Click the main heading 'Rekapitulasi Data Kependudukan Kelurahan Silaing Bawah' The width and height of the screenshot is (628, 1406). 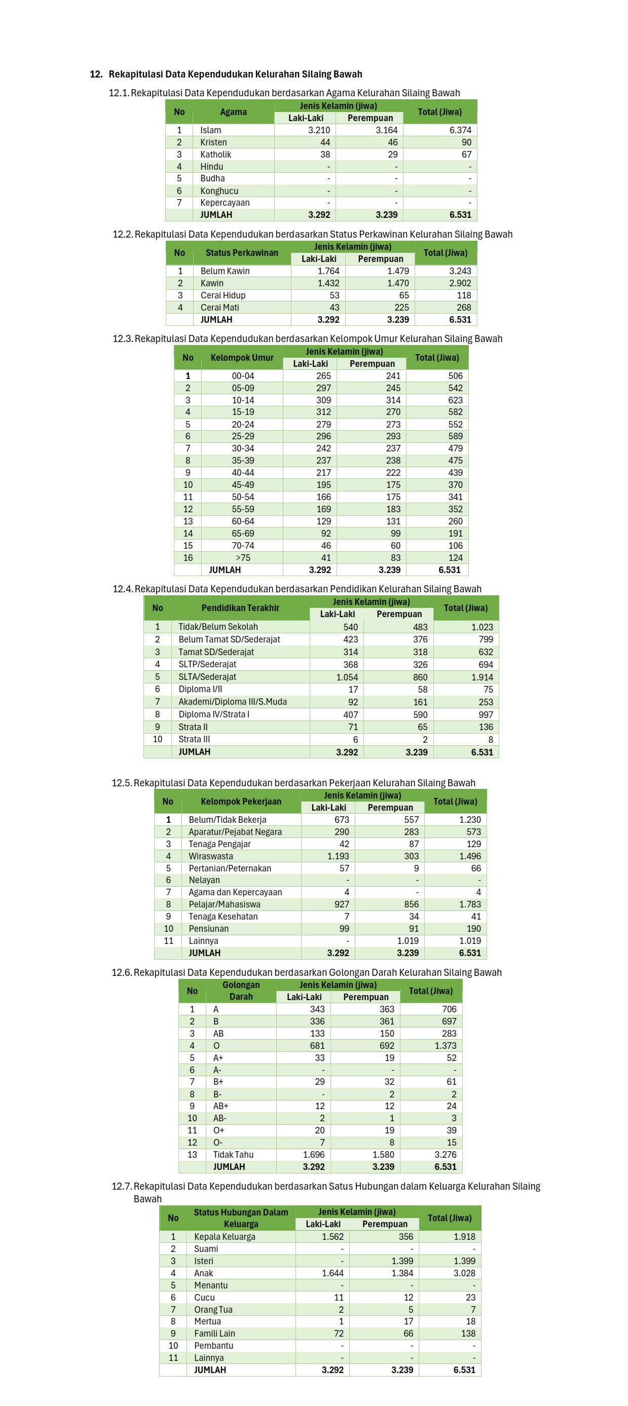click(x=235, y=74)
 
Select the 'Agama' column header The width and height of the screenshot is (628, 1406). click(x=233, y=112)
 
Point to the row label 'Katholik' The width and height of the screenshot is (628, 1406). click(x=216, y=155)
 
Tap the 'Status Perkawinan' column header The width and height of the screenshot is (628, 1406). click(x=241, y=253)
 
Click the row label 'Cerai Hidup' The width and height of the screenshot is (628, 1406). click(x=223, y=295)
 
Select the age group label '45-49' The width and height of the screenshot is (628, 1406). click(x=242, y=485)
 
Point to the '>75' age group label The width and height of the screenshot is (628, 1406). click(x=243, y=558)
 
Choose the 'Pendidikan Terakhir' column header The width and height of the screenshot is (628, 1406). click(x=240, y=608)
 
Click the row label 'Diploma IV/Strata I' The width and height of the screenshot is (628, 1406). click(x=213, y=714)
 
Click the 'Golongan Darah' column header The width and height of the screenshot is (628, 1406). click(x=241, y=991)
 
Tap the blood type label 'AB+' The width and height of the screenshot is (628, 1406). click(x=220, y=1106)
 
